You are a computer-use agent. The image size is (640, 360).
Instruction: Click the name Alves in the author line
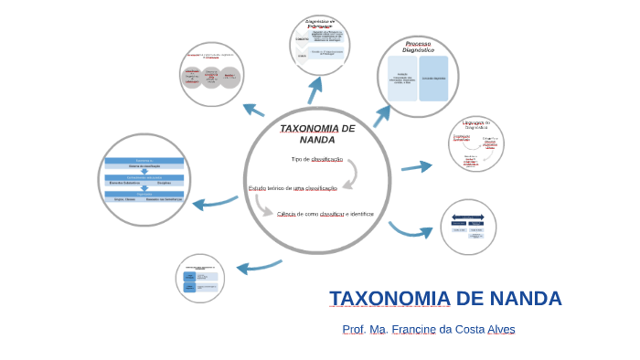click(x=500, y=330)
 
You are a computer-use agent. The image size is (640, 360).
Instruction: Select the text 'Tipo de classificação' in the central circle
click(x=316, y=159)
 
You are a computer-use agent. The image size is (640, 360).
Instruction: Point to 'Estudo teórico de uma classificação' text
click(x=293, y=188)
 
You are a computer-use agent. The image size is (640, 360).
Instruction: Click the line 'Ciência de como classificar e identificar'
click(x=325, y=214)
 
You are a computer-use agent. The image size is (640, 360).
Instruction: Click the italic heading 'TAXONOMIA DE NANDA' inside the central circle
click(x=316, y=133)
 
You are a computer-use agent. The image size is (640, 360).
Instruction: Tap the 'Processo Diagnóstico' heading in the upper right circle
click(x=419, y=47)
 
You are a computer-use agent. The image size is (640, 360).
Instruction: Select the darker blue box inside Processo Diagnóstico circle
click(x=433, y=79)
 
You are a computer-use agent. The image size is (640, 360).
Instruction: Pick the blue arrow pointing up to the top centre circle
click(x=315, y=89)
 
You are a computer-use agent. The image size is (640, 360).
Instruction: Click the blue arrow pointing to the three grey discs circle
click(x=252, y=109)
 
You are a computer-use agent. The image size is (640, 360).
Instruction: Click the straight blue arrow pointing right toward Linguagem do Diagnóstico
click(x=417, y=166)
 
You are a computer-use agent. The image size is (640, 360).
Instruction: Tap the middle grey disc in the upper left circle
click(x=211, y=77)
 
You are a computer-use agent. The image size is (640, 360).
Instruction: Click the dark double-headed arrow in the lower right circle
click(x=467, y=218)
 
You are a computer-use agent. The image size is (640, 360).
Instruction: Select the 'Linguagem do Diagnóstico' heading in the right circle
click(x=476, y=124)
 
